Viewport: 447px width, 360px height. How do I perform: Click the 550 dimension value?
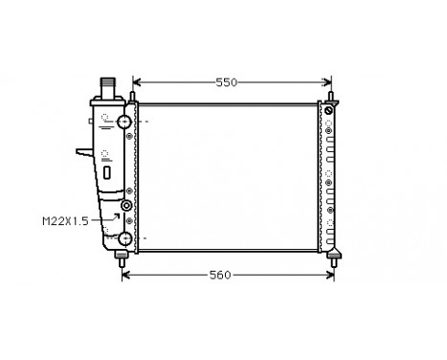click(x=226, y=82)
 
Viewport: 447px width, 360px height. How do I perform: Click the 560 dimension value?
click(x=220, y=276)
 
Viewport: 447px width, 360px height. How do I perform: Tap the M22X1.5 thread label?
click(x=65, y=221)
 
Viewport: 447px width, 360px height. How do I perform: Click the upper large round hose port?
click(x=125, y=122)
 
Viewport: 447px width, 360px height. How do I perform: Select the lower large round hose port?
click(x=125, y=237)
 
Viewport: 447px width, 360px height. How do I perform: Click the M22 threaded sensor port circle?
click(x=126, y=207)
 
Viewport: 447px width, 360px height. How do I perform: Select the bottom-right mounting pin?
click(x=335, y=257)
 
